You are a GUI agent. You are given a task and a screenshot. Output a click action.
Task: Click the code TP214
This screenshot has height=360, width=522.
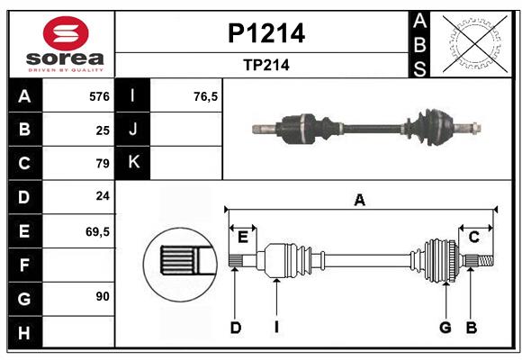pyautogui.click(x=265, y=65)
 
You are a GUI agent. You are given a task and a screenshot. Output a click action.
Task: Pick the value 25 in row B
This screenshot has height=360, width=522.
pyautogui.click(x=103, y=130)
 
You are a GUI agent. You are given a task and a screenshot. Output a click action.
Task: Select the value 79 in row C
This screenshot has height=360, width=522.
pyautogui.click(x=103, y=164)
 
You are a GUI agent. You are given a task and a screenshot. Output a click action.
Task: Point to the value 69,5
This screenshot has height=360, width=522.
pyautogui.click(x=97, y=231)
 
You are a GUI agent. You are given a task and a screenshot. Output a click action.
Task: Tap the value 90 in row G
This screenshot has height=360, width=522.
pyautogui.click(x=103, y=296)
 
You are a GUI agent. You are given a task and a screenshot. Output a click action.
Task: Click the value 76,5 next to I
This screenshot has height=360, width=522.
pyautogui.click(x=206, y=96)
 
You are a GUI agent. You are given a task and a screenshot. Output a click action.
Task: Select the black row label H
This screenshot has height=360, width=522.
pyautogui.click(x=24, y=333)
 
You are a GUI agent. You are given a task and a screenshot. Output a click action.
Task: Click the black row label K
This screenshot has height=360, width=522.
pyautogui.click(x=134, y=163)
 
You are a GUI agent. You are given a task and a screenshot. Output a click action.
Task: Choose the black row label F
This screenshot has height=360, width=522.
pyautogui.click(x=24, y=265)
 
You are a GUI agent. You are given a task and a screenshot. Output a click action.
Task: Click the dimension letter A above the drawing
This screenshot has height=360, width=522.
pyautogui.click(x=360, y=201)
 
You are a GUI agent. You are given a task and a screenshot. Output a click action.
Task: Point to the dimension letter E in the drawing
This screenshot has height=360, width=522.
pyautogui.click(x=243, y=237)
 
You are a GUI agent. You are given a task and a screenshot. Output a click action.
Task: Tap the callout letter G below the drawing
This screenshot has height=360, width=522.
pyautogui.click(x=445, y=328)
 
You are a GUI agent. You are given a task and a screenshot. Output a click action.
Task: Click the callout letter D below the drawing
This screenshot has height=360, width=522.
pyautogui.click(x=235, y=328)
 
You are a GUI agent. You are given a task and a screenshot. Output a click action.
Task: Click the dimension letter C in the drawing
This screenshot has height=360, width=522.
pyautogui.click(x=473, y=237)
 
